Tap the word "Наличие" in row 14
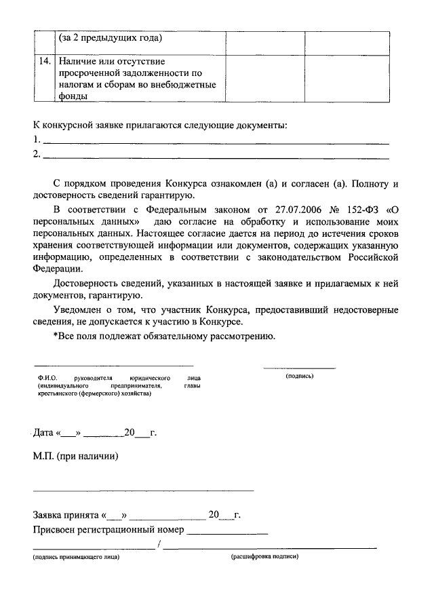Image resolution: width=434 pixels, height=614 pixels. tap(77, 62)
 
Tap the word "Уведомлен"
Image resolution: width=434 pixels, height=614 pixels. tap(79, 310)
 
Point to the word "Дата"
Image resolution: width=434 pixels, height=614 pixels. tap(44, 432)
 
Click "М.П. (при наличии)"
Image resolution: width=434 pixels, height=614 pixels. tap(75, 456)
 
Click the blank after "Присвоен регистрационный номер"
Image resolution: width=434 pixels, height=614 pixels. tap(227, 530)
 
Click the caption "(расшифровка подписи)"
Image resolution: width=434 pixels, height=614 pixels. tap(264, 558)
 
